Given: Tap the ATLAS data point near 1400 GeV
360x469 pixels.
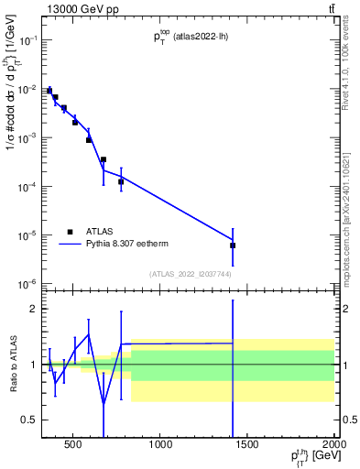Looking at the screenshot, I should (x=233, y=245).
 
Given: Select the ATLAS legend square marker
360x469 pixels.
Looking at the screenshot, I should (x=69, y=232).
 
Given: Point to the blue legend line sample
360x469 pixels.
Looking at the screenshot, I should (x=71, y=245).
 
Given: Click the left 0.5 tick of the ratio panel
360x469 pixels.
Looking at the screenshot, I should (x=29, y=420).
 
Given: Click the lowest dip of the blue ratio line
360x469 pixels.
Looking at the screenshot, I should (x=104, y=403).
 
